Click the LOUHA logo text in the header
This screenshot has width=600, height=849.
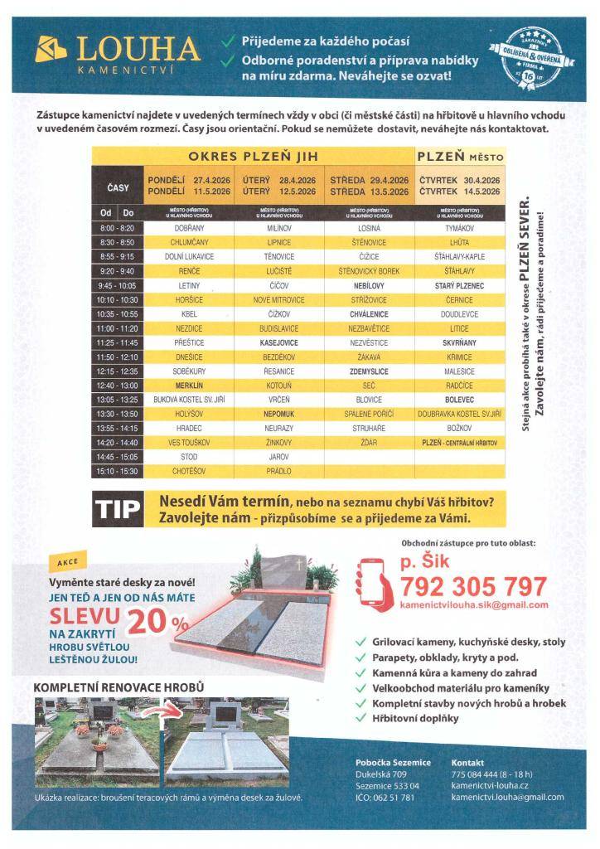pos(138,50)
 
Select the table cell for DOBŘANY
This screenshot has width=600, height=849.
pos(190,228)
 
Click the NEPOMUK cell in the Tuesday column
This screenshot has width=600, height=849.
pos(279,413)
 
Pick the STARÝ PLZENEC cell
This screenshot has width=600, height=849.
pos(459,285)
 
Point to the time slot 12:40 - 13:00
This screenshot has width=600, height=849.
pos(117,385)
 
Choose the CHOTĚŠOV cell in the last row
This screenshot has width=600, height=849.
pos(190,471)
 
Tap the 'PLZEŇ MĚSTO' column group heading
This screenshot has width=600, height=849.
pos(460,156)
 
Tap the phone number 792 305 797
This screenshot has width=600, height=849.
pos(473,587)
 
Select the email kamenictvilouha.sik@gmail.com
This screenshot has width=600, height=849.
pos(473,605)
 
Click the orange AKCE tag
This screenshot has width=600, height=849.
pos(67,561)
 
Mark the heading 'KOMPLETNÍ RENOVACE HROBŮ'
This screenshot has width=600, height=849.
pos(118,687)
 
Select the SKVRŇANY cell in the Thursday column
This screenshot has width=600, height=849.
pos(459,342)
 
